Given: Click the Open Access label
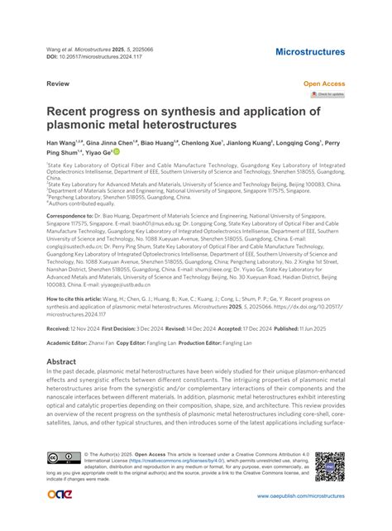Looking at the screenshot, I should click(324, 84).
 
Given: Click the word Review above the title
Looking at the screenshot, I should click(58, 84).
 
